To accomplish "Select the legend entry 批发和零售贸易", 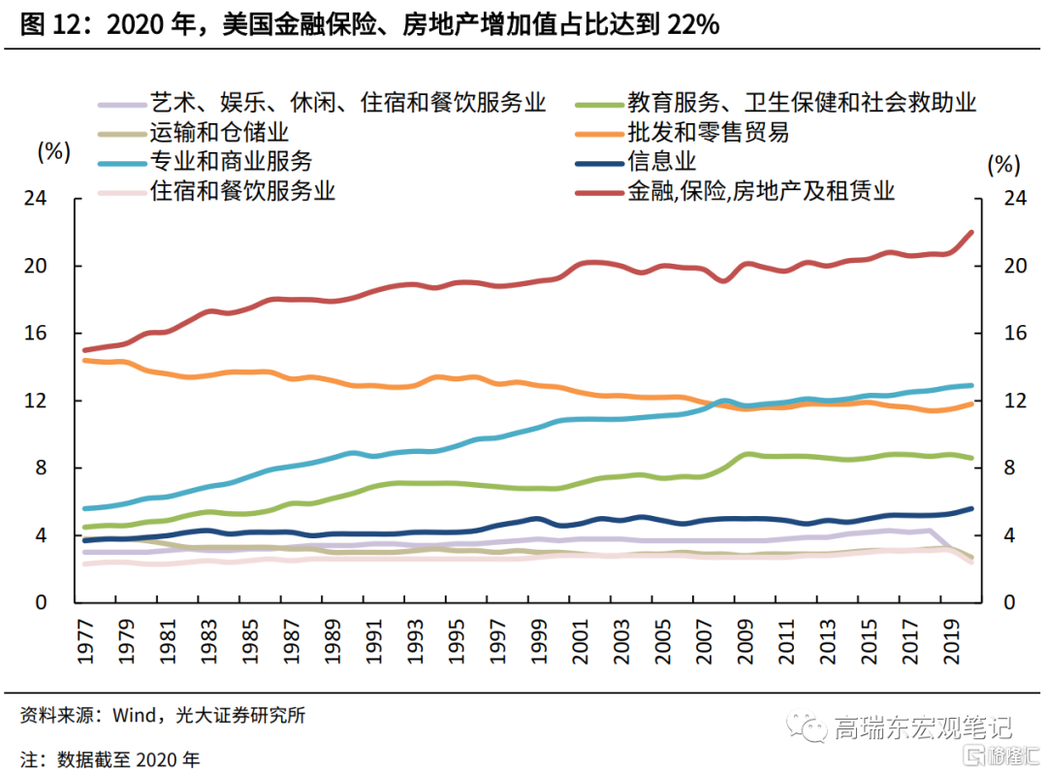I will [708, 132].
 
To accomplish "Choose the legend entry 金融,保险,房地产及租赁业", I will [761, 191].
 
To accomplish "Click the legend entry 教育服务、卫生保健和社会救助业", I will [801, 102].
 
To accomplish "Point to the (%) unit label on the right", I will [1004, 165].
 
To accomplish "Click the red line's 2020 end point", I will [971, 233].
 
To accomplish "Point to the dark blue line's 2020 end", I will [971, 508].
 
